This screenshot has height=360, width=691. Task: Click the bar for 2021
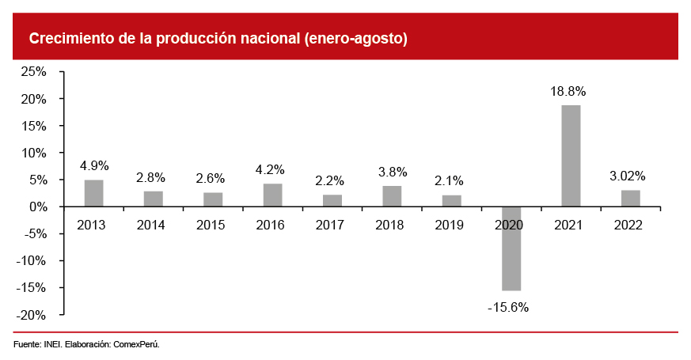(x=571, y=156)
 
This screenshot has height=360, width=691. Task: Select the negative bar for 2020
(x=511, y=248)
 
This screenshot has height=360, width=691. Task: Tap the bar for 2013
(x=93, y=193)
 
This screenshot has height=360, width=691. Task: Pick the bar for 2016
(x=272, y=195)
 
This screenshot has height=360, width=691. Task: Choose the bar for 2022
(x=631, y=199)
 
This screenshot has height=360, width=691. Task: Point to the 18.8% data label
(x=570, y=92)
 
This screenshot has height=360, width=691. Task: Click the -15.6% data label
(x=507, y=306)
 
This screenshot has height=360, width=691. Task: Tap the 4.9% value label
(x=94, y=166)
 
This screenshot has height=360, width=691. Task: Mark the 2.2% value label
(x=332, y=180)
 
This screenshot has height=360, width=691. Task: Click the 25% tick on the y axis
(x=34, y=72)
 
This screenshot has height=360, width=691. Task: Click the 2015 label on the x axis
(x=211, y=225)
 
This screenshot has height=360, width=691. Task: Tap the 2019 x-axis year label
(x=450, y=225)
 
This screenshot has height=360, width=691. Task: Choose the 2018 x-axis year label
(x=390, y=225)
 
